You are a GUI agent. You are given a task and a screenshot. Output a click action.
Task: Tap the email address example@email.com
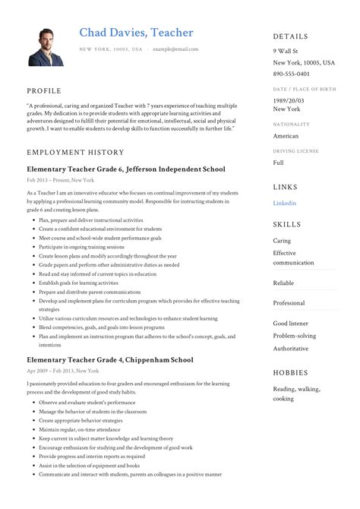(175, 49)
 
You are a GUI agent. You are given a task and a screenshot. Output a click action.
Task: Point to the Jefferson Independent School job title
(125, 169)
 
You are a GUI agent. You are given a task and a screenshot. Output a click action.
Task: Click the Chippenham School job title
(109, 359)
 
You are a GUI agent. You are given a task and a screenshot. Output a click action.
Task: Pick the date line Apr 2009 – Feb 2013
(62, 371)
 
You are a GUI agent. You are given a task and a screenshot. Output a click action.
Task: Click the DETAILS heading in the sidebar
(291, 36)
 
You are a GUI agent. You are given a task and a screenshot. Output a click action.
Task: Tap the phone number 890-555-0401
(291, 74)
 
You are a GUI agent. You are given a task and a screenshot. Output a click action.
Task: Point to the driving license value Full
(279, 163)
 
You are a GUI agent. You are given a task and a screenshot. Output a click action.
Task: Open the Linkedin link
(285, 203)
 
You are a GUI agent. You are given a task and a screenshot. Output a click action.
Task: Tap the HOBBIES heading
(291, 373)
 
